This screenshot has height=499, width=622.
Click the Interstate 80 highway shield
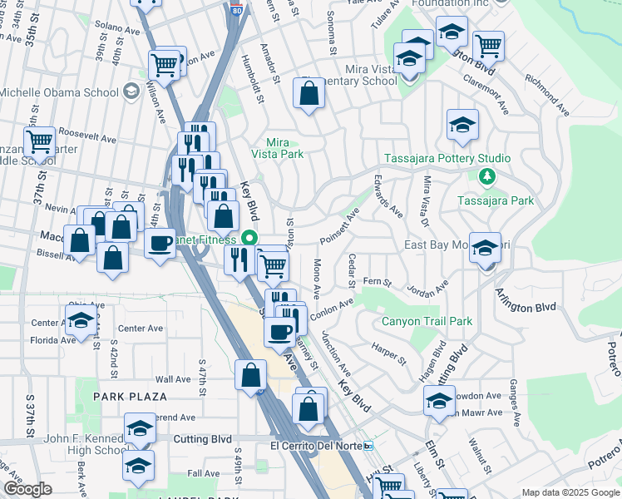pos(237,9)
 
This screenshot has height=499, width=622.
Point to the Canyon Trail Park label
pos(427,321)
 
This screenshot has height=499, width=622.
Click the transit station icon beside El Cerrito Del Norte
pos(368,446)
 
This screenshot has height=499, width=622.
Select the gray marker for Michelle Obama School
pos(131,91)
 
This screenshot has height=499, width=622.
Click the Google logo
pos(27,489)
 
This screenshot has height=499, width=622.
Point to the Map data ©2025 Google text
pos(570,492)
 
